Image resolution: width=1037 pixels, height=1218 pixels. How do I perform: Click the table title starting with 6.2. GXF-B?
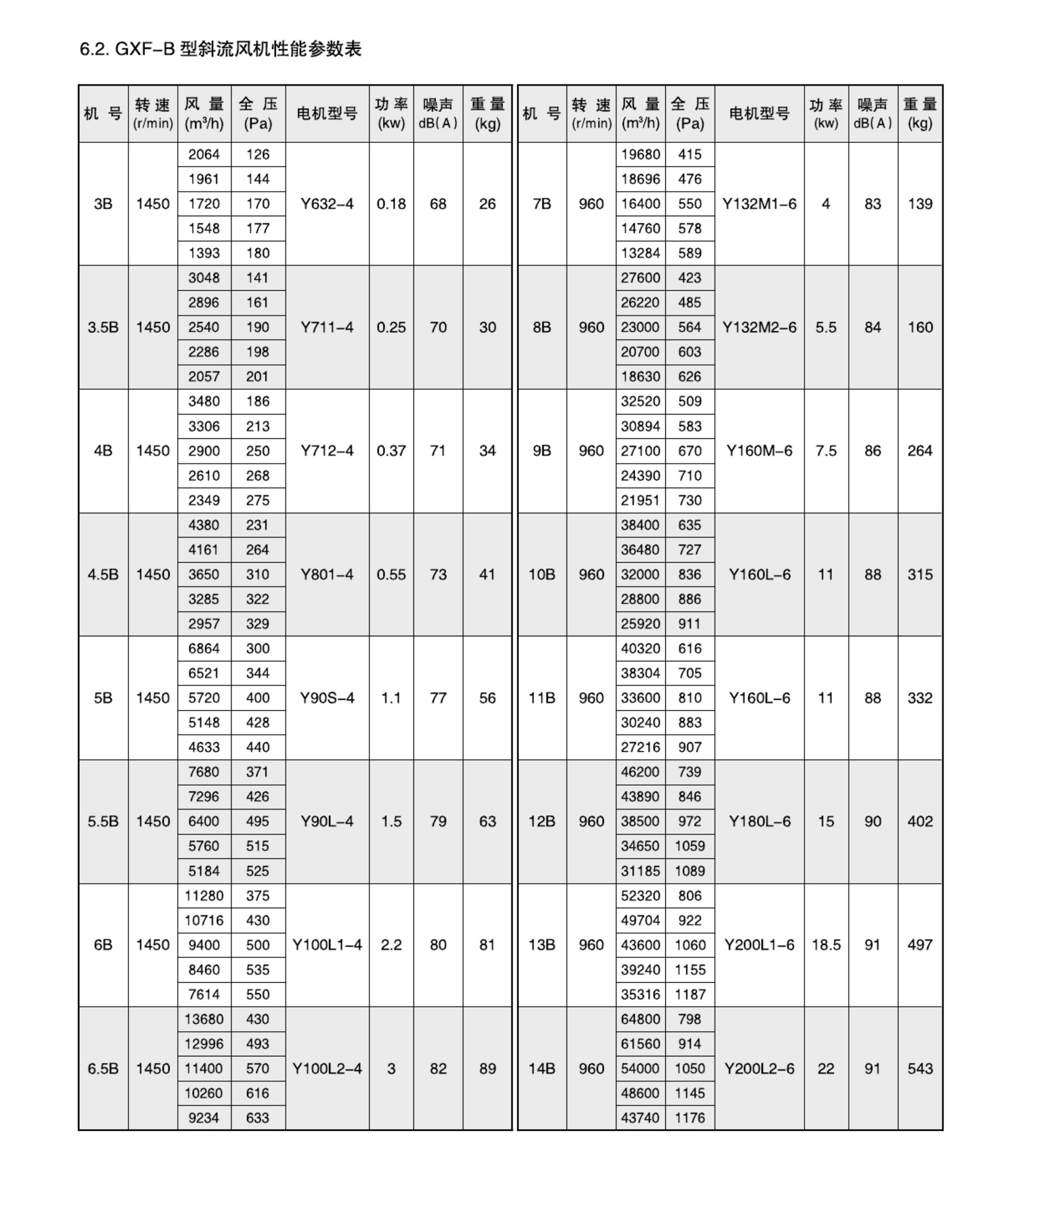click(x=220, y=49)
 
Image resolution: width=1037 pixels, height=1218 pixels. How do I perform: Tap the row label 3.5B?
click(x=103, y=327)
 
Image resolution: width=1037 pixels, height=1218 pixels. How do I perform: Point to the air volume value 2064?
click(x=203, y=155)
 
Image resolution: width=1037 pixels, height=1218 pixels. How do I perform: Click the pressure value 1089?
click(x=690, y=871)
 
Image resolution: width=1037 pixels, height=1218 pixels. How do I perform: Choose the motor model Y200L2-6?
click(x=759, y=1068)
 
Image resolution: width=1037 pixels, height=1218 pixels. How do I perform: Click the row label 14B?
click(x=542, y=1068)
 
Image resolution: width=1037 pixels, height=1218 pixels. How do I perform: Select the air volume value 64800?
click(x=640, y=1019)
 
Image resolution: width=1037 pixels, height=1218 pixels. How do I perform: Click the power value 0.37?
click(x=391, y=451)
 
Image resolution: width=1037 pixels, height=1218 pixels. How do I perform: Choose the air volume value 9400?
click(x=203, y=945)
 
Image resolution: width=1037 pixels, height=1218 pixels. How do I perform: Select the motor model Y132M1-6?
click(x=759, y=204)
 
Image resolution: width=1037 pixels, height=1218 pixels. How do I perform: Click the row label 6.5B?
click(x=103, y=1068)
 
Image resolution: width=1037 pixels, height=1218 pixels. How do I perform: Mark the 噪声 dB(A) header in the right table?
click(x=872, y=113)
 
